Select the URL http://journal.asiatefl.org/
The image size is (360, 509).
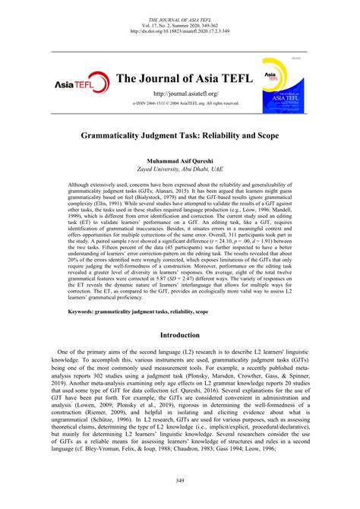pos(179,92)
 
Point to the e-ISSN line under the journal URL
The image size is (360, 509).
pos(179,103)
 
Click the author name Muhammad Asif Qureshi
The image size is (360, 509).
pos(179,162)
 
